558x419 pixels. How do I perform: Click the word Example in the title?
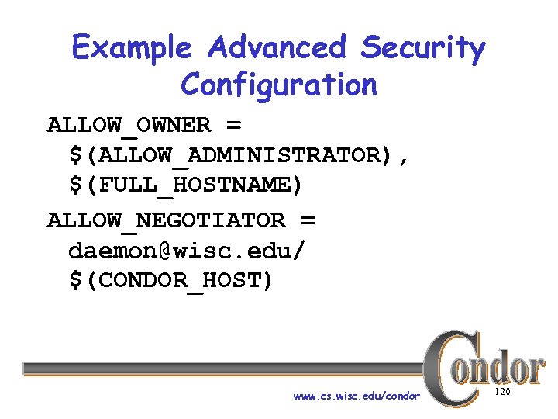(131, 49)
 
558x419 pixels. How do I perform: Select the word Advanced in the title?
(275, 48)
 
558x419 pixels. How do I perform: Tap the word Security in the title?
(422, 49)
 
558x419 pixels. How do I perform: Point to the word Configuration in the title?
(278, 85)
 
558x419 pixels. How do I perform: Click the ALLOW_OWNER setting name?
(129, 125)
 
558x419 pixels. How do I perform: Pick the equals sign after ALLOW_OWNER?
(233, 125)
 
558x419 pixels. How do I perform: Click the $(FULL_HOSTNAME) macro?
(187, 186)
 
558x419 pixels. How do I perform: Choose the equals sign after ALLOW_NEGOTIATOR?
(308, 220)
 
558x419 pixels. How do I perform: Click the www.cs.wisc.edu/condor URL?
(356, 396)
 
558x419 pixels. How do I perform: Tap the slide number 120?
(502, 393)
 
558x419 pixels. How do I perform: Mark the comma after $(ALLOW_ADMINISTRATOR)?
(403, 159)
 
